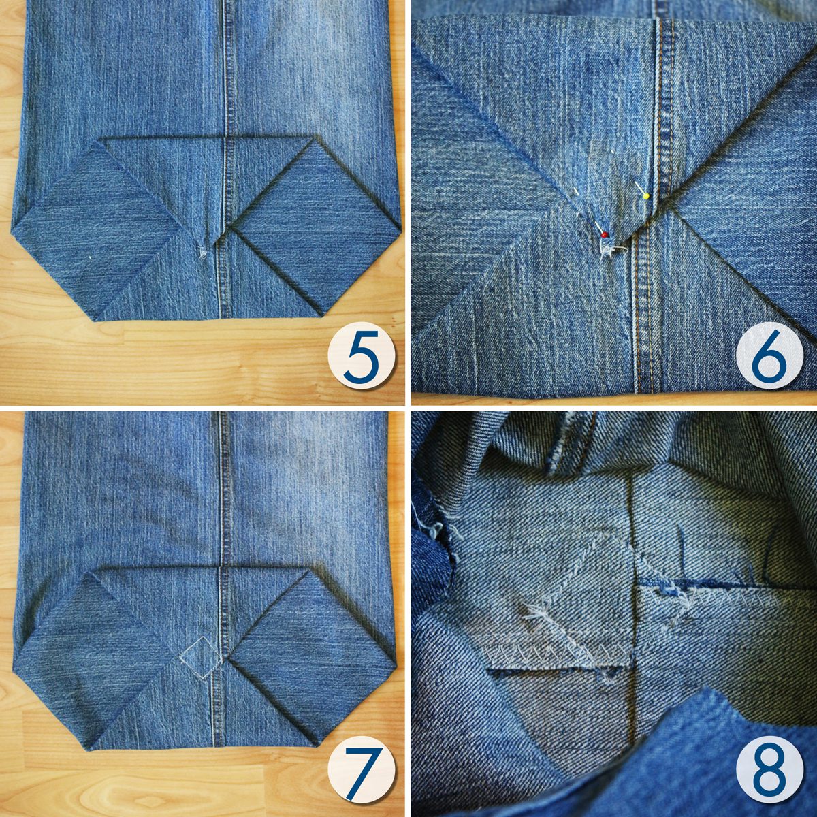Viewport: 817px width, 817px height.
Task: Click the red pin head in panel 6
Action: [x=605, y=234]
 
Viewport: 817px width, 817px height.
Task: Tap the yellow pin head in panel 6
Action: [x=646, y=196]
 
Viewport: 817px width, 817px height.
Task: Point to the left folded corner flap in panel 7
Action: [x=95, y=636]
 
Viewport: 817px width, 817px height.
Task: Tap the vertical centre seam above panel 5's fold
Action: [x=227, y=68]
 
